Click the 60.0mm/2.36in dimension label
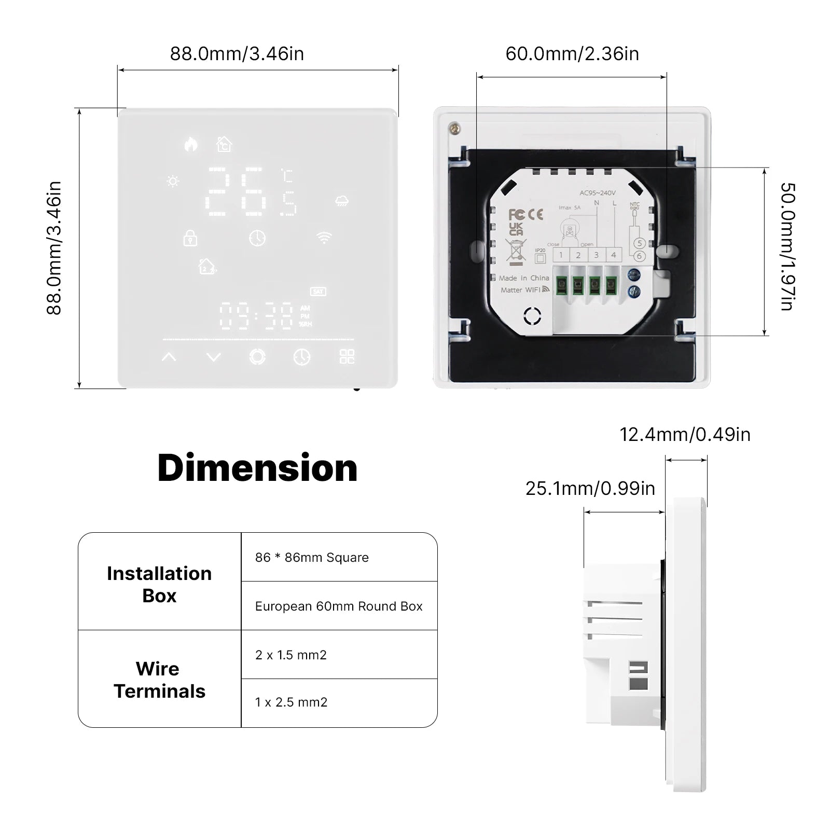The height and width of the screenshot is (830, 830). coord(572,54)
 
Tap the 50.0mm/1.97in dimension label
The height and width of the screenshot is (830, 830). coord(787,247)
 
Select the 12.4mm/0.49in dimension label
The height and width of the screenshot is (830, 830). coord(685,435)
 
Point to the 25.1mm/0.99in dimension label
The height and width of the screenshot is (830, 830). coord(590,489)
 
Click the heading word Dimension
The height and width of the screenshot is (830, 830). coord(257,468)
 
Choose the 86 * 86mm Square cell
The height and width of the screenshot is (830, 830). coord(312,558)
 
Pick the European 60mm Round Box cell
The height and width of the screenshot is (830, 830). coord(339,606)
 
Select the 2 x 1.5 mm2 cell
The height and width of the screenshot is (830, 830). coord(291,655)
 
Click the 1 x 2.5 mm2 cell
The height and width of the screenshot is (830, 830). coord(291,702)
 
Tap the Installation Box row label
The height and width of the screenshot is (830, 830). coord(159,585)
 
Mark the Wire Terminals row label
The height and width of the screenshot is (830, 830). coord(159,680)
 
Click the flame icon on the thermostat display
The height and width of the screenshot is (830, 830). coord(191,144)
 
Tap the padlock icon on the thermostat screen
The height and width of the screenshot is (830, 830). coord(190,238)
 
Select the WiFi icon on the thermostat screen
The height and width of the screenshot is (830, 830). coord(324,238)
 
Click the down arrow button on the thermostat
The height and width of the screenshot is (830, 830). coord(214,357)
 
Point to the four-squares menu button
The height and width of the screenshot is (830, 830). coord(347,356)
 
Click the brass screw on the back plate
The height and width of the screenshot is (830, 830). coord(455,128)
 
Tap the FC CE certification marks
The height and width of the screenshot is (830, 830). coord(525,214)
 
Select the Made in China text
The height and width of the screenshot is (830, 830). coord(524,278)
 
